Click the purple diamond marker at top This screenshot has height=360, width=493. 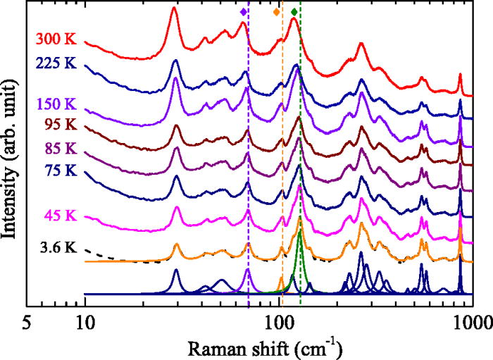click(x=243, y=12)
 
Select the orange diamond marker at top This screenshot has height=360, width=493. click(x=276, y=12)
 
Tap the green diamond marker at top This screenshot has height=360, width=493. click(x=294, y=12)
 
